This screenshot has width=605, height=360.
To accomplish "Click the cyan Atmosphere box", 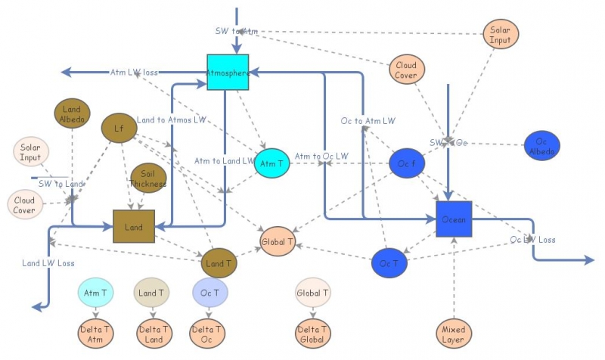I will point(228,73).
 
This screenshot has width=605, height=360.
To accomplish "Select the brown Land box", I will point(134,226).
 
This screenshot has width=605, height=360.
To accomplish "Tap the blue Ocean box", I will point(454,219).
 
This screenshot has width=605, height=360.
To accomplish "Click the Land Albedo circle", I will point(73,113).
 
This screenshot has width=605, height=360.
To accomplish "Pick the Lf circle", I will point(119,128).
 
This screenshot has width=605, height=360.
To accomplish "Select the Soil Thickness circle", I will point(148,178).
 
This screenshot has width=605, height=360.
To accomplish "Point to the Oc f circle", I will point(406,163).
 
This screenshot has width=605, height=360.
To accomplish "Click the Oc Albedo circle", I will point(541,146).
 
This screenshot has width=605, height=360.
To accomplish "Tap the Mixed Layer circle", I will point(454,334).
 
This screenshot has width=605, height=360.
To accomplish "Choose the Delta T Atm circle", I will point(96,334).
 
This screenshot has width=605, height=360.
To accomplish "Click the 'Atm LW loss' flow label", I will point(134,73).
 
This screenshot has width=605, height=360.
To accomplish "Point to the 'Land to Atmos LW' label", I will point(171,119).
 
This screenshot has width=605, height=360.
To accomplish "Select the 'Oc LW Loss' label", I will point(532,240).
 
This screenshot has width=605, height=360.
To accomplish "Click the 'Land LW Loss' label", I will point(48,263).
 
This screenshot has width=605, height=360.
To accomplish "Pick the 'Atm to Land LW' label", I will point(224,160).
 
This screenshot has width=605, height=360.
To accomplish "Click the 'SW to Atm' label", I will point(236,31).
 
